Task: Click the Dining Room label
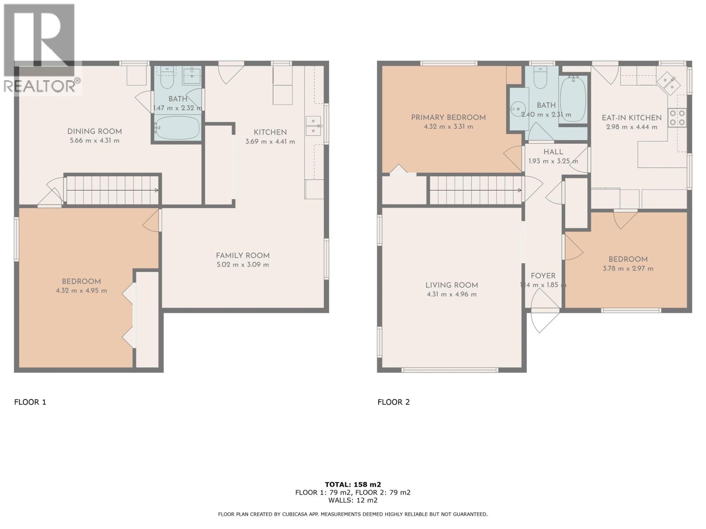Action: click(x=94, y=131)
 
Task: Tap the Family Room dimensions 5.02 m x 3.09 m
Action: click(x=242, y=265)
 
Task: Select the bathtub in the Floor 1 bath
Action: click(x=177, y=127)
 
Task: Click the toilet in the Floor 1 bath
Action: click(x=167, y=78)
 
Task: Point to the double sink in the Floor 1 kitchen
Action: click(x=313, y=125)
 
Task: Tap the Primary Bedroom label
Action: click(x=448, y=118)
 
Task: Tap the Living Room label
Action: click(x=451, y=285)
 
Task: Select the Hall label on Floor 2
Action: click(x=553, y=152)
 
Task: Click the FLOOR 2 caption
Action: click(x=394, y=402)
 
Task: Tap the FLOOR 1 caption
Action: click(x=30, y=402)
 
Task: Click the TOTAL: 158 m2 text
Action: click(x=353, y=484)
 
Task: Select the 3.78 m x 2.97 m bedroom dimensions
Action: click(x=631, y=268)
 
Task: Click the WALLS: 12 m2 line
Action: click(x=353, y=500)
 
